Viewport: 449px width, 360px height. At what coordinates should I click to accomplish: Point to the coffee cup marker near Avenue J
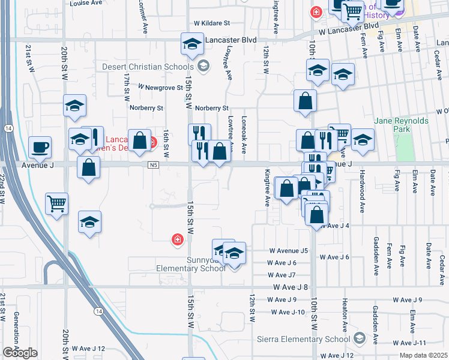[x=40, y=147]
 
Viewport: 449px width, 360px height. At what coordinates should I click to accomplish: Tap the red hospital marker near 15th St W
[x=177, y=240]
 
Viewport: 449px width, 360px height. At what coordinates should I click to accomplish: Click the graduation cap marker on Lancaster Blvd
[x=193, y=44]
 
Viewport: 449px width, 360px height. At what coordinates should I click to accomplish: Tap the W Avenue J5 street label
[x=288, y=250]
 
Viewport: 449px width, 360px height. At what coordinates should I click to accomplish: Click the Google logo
[x=20, y=353]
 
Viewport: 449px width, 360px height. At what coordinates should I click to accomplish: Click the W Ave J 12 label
[x=88, y=348]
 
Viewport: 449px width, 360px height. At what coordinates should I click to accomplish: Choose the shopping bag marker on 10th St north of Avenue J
[x=305, y=101]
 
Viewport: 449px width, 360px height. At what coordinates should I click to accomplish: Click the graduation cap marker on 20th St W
[x=74, y=107]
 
